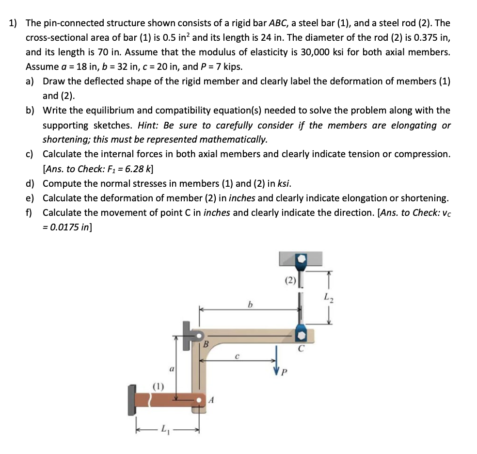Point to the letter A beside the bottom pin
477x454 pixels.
coord(211,400)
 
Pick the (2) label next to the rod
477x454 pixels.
coord(289,280)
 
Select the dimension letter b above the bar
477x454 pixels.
coord(250,305)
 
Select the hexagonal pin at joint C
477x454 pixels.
coord(301,335)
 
